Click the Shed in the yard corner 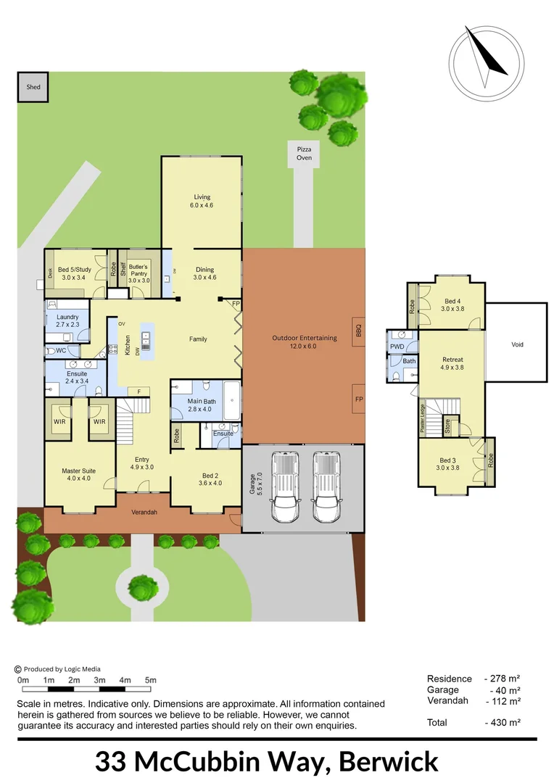[x=33, y=87]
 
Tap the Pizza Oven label [x=304, y=153]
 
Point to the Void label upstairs [x=516, y=345]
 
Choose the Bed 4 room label [x=452, y=304]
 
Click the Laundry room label [x=67, y=320]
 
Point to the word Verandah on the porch [x=144, y=513]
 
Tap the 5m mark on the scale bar [x=151, y=680]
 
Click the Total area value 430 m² [x=503, y=722]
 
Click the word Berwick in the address [x=389, y=762]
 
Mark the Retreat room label [x=452, y=363]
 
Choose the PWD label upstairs [x=397, y=347]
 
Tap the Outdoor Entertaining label [x=305, y=341]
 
